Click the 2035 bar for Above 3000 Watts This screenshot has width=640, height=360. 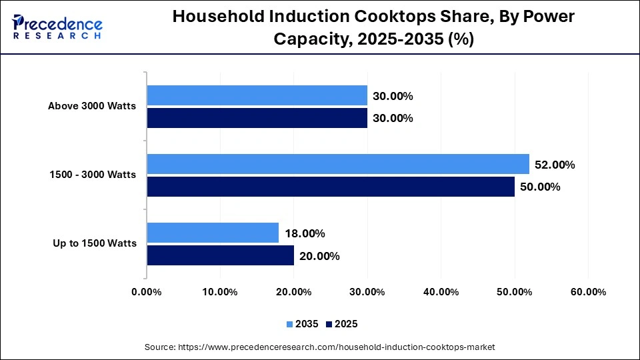[257, 95]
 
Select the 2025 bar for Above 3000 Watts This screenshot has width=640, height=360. [257, 118]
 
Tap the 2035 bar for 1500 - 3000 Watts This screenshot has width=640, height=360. [337, 164]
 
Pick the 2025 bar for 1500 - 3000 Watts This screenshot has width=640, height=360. [330, 187]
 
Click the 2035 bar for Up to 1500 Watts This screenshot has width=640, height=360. [213, 233]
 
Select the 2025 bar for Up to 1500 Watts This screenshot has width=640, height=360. [220, 255]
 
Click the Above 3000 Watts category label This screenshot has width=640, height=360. [92, 106]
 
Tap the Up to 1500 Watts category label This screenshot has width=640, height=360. [95, 243]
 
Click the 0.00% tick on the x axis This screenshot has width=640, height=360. [147, 292]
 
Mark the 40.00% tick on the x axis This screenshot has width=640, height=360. [441, 292]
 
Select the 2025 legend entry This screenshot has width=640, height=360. [341, 324]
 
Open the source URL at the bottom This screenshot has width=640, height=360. [320, 347]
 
